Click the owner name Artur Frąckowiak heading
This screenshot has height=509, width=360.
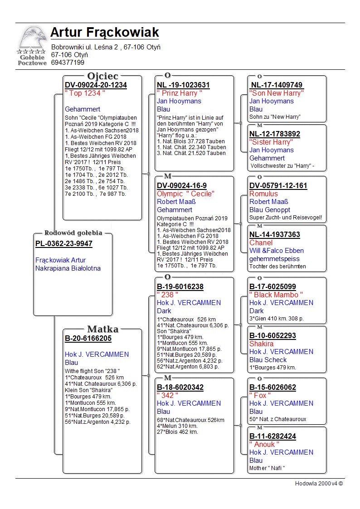[105, 33]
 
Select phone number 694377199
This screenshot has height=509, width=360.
[68, 63]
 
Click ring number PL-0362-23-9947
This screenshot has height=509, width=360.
[64, 244]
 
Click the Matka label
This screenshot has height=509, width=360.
[102, 330]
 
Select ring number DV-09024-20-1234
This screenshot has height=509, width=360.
[96, 85]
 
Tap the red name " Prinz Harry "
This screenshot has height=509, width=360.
[180, 93]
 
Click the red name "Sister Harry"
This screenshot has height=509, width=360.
[271, 142]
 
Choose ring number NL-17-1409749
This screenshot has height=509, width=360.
[277, 85]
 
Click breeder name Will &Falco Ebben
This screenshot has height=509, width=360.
[277, 251]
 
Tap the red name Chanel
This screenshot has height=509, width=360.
[261, 242]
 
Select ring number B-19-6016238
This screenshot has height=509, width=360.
[180, 286]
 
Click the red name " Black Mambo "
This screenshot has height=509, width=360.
[276, 295]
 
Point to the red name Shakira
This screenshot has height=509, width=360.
[262, 344]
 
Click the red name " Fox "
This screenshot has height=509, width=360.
[260, 395]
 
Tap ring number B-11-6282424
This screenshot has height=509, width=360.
[272, 436]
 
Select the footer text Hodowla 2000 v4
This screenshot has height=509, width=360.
[319, 483]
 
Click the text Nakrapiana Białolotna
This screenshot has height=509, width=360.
[68, 268]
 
